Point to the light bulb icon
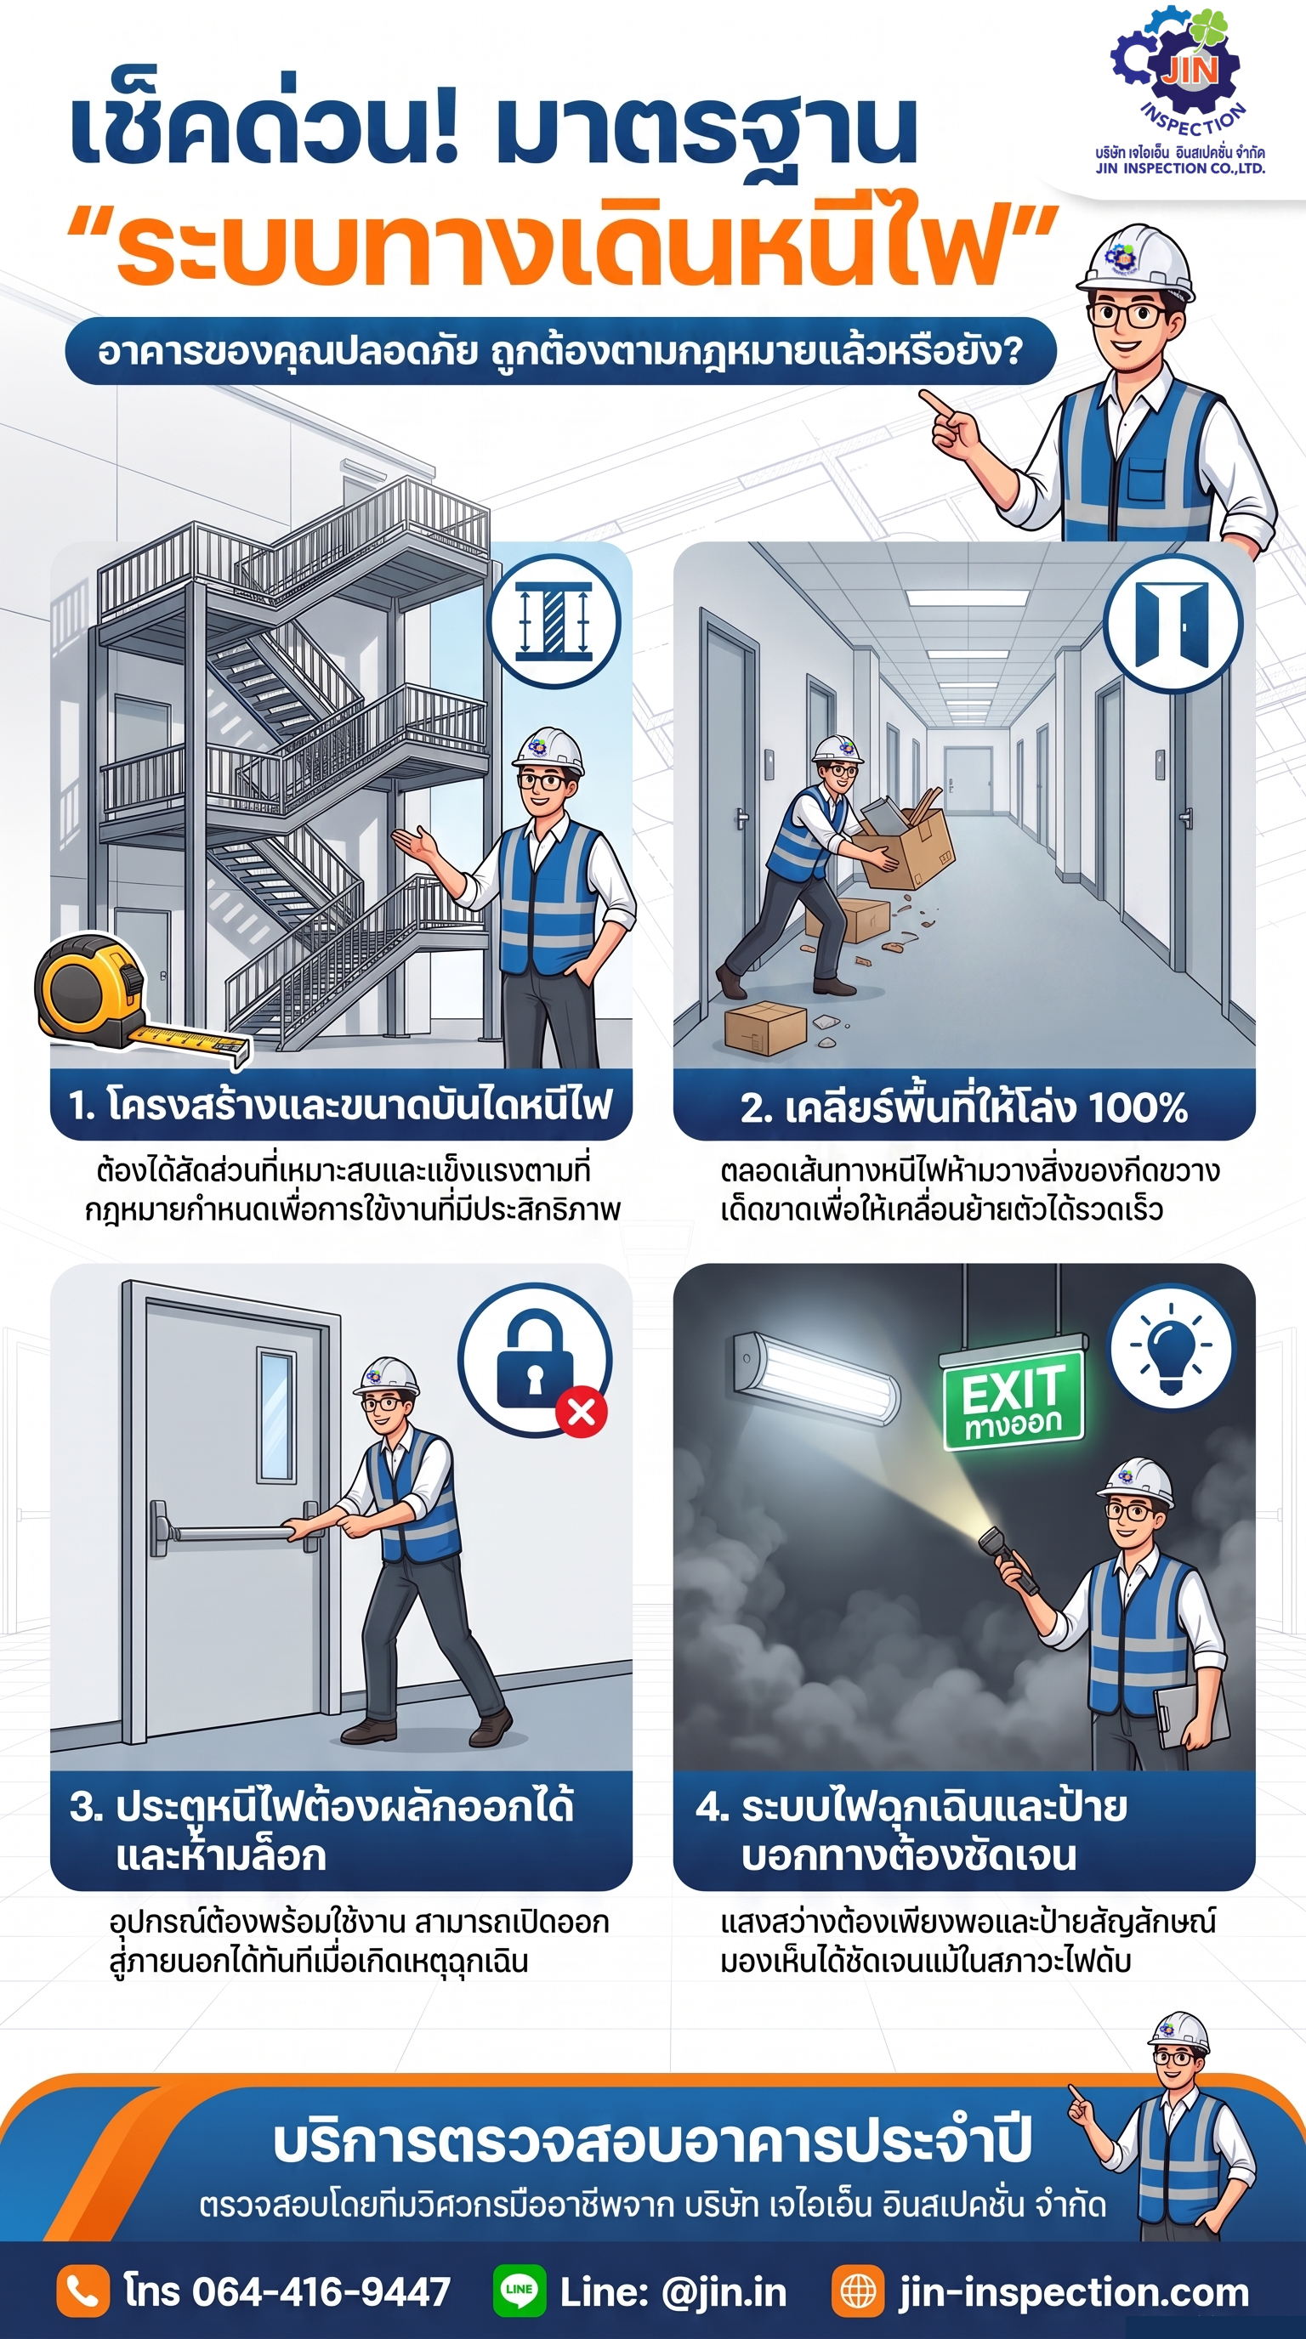tap(1171, 1348)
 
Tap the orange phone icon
tap(82, 2291)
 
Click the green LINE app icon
tap(520, 2291)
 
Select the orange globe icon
tap(857, 2291)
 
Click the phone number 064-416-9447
tap(321, 2291)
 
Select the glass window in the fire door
tap(277, 1416)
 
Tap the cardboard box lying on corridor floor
tap(765, 1027)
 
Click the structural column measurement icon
tap(554, 622)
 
